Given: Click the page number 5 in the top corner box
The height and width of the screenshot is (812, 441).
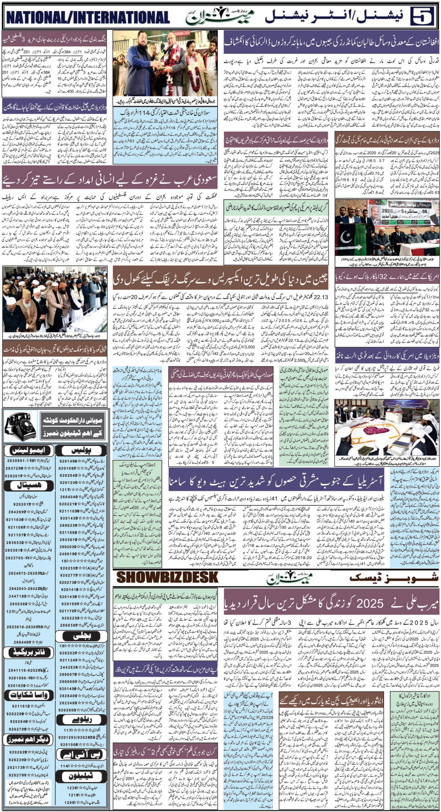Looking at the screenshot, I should click(422, 16).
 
